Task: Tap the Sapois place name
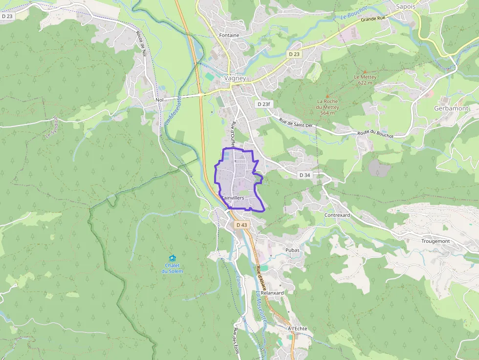(405, 7)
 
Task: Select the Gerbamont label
(451, 108)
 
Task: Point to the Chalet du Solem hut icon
(172, 258)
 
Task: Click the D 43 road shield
(241, 225)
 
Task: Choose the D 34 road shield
(304, 175)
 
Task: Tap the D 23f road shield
(263, 104)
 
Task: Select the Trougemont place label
(435, 241)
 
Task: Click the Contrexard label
(337, 215)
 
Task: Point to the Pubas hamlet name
(292, 250)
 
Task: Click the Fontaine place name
(229, 35)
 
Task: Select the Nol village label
(159, 100)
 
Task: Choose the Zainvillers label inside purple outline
(233, 198)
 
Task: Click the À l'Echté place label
(297, 329)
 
